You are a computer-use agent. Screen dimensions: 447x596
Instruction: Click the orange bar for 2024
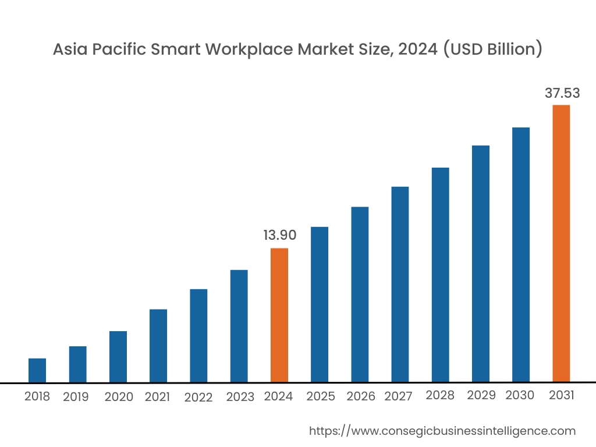[x=279, y=315]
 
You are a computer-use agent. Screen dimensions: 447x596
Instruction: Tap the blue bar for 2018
[x=37, y=370]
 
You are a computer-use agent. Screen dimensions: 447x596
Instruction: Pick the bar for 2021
[x=158, y=346]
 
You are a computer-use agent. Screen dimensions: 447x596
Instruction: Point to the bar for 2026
[x=360, y=295]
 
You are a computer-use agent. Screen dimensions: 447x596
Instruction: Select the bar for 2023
[x=239, y=326]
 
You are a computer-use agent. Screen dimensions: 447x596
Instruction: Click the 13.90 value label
[x=280, y=235]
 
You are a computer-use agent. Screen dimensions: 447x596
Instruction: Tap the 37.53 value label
[x=562, y=93]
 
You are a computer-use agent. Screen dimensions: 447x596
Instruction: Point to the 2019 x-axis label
[x=76, y=397]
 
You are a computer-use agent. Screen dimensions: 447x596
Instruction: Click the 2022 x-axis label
[x=198, y=398]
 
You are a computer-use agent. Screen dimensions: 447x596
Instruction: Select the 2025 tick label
[x=321, y=396]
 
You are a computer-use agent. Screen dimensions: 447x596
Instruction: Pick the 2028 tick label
[x=440, y=396]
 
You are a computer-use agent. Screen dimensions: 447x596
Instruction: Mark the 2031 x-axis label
[x=562, y=396]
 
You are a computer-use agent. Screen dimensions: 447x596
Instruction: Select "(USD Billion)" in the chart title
[x=493, y=50]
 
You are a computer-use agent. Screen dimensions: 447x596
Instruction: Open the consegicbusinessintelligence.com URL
[x=442, y=431]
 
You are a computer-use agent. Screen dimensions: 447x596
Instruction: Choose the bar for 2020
[x=118, y=357]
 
